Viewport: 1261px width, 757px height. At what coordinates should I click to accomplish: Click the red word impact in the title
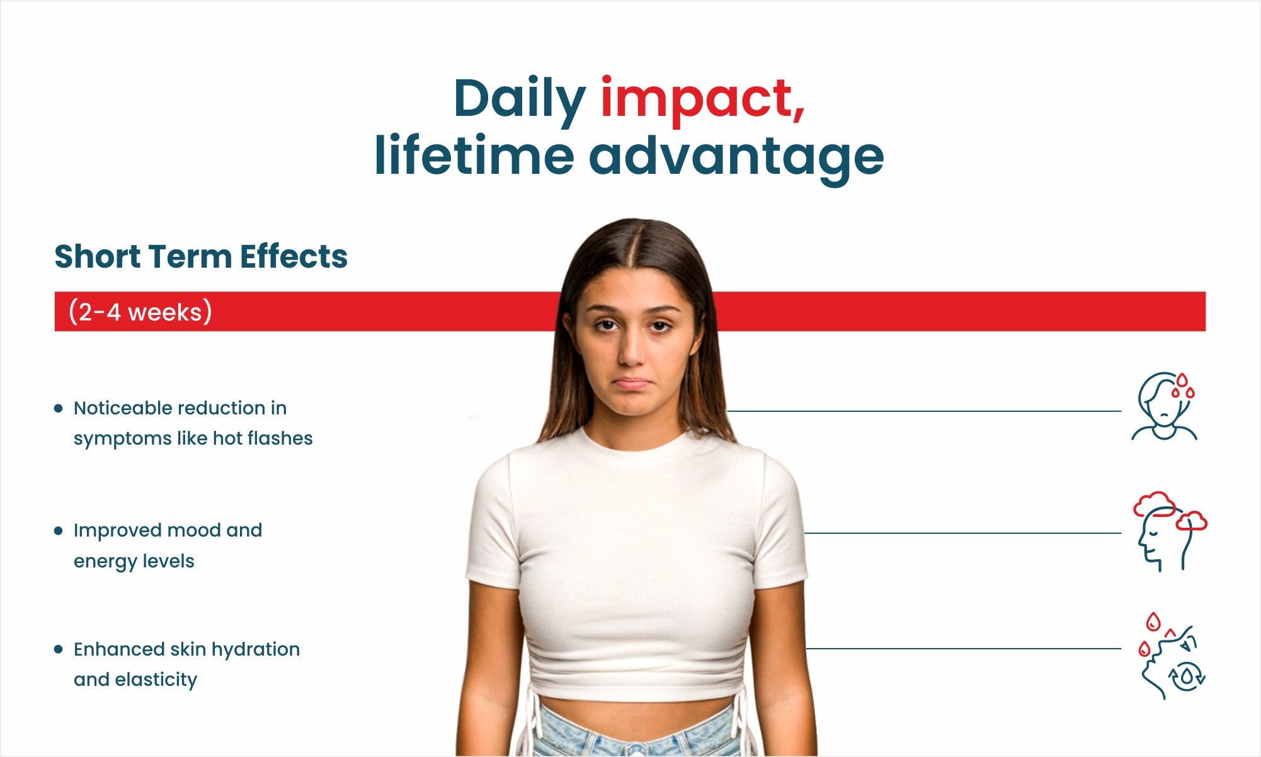point(702,101)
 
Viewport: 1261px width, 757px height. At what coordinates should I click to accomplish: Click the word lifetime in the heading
point(474,154)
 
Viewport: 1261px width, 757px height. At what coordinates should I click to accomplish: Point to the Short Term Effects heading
point(201,256)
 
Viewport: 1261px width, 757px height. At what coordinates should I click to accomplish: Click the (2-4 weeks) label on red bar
point(140,312)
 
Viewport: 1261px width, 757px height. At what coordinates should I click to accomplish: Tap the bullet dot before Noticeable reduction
point(59,408)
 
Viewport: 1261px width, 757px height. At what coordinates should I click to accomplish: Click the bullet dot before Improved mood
point(59,531)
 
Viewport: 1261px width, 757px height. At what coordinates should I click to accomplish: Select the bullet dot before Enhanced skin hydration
point(59,649)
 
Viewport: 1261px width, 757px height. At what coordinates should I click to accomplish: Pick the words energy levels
point(134,561)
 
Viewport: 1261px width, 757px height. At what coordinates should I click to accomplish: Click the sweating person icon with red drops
point(1165,406)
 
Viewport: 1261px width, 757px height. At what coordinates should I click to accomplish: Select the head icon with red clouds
point(1170,532)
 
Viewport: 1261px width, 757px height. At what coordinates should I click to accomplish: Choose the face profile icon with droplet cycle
point(1172,656)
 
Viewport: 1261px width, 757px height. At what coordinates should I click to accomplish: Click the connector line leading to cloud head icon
point(963,533)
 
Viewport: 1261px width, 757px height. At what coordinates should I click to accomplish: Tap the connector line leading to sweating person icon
point(924,411)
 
